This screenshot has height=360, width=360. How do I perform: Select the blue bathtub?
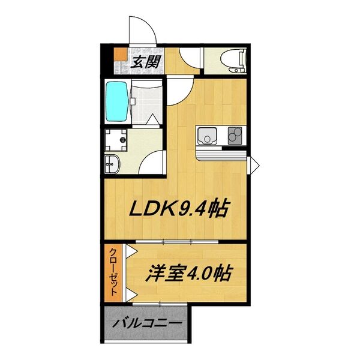(116, 101)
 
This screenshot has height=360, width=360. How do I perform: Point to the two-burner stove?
(235, 136)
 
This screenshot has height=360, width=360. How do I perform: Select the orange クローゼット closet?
(113, 273)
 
